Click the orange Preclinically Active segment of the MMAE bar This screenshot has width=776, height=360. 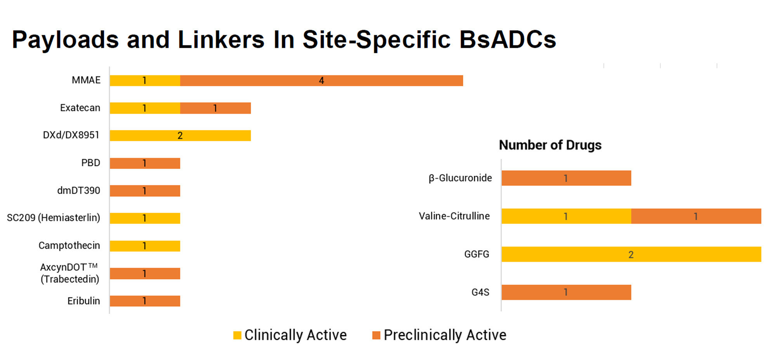322,81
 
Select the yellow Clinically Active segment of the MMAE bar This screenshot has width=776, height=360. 145,81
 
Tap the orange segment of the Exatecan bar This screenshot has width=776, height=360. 216,108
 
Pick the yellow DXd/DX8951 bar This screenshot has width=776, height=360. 180,136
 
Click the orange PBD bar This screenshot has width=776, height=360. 145,163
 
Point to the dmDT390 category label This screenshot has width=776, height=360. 79,190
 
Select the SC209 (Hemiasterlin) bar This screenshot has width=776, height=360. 145,218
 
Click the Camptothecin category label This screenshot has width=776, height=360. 69,246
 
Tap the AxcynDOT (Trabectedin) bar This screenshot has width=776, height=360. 145,273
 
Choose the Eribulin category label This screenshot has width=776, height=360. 83,301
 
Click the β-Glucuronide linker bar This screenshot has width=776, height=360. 566,178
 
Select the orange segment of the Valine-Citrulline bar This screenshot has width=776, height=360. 696,216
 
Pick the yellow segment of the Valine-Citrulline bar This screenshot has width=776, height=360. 566,216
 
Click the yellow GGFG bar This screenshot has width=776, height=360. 631,254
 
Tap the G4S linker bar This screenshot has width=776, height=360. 566,292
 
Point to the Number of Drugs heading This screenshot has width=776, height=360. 550,145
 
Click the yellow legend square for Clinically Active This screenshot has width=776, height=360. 237,335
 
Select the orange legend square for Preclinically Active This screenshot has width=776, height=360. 376,335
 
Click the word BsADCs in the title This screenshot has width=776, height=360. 508,40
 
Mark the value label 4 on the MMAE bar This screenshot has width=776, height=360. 321,81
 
